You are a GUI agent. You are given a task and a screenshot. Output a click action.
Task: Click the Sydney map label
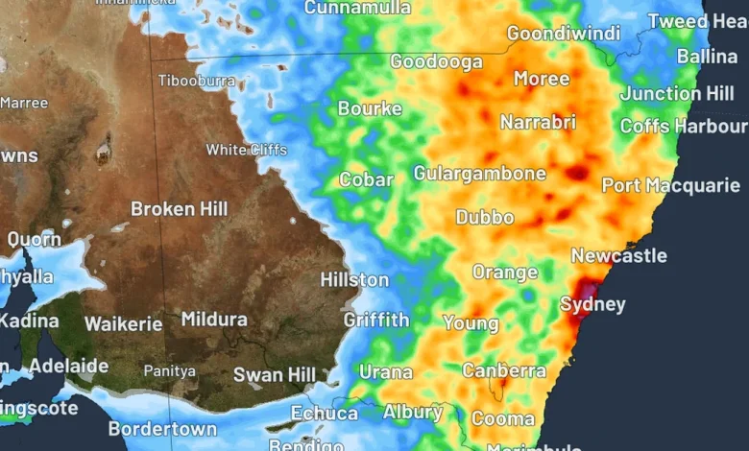(592, 305)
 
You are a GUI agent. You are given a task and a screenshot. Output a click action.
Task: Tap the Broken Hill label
(180, 208)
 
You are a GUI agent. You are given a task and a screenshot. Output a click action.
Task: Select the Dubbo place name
(484, 217)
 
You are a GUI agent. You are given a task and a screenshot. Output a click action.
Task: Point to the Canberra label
(504, 370)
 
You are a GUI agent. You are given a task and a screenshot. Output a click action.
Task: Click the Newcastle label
(618, 255)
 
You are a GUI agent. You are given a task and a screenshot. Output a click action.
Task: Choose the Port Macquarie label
(670, 185)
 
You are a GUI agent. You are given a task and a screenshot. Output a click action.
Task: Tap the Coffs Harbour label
(683, 126)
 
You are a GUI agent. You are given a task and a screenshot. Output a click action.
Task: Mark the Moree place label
(542, 79)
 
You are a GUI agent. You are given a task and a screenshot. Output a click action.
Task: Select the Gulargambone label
(479, 174)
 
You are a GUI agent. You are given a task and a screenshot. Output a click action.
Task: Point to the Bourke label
(370, 108)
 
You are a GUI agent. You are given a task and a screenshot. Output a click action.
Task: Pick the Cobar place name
(366, 179)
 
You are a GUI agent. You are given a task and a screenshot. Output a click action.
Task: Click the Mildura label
(214, 320)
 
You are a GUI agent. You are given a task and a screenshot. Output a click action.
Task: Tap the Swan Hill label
(275, 374)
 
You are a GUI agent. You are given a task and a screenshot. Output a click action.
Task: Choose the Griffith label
(376, 320)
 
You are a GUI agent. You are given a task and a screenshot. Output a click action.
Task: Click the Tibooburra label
(196, 81)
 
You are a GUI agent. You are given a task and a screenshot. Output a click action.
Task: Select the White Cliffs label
(246, 150)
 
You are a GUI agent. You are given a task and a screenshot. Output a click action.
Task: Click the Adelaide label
(68, 366)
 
